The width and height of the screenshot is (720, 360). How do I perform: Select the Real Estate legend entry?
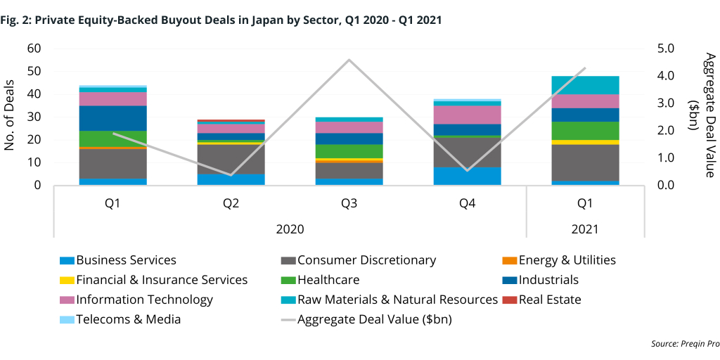550,300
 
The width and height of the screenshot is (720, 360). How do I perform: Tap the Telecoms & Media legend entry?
129,319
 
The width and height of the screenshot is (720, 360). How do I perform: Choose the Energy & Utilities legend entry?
567,260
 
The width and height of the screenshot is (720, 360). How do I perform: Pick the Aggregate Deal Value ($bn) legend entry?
374,319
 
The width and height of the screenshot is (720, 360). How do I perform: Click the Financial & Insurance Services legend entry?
162,280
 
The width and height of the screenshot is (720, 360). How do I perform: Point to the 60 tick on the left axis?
33,49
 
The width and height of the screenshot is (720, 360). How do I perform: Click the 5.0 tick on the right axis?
665,49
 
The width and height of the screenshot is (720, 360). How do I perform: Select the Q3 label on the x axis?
349,203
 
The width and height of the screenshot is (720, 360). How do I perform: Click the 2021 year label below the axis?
585,229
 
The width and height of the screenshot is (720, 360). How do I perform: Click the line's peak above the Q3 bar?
349,60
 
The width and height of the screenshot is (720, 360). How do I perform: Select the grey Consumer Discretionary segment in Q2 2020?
231,159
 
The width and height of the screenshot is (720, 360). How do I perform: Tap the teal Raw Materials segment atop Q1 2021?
585,85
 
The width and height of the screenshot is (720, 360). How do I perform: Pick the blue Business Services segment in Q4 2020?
467,176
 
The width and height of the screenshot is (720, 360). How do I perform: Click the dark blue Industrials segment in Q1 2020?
112,118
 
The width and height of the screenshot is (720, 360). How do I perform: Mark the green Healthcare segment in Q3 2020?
349,151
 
